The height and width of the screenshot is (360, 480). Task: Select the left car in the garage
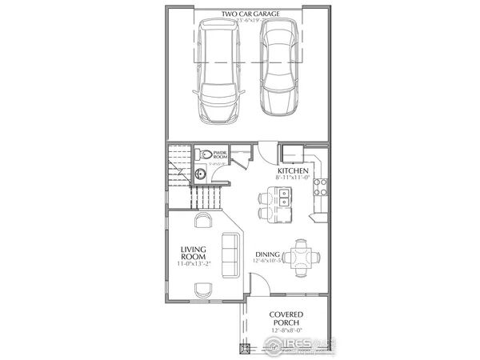215,72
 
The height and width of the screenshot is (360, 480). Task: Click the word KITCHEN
293,171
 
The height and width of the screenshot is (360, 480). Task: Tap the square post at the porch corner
246,347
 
